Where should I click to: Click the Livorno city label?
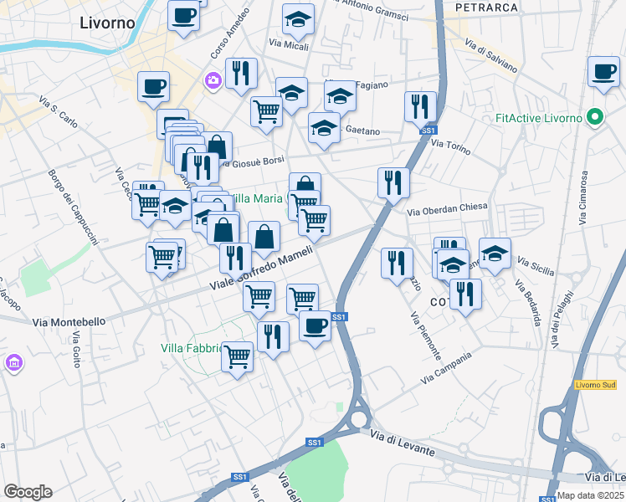coord(106,23)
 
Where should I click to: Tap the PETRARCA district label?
coord(485,7)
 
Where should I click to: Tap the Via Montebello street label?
coord(69,321)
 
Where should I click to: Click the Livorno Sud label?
coord(595,385)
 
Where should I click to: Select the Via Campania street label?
coord(447,368)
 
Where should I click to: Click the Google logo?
coord(28,492)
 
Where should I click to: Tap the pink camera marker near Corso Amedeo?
coord(210,80)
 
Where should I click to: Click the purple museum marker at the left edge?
coord(13,364)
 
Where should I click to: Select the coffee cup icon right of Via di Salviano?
coord(603,72)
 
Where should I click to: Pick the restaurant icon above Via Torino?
coord(420,106)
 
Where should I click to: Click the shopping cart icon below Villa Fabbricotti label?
coord(238,356)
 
